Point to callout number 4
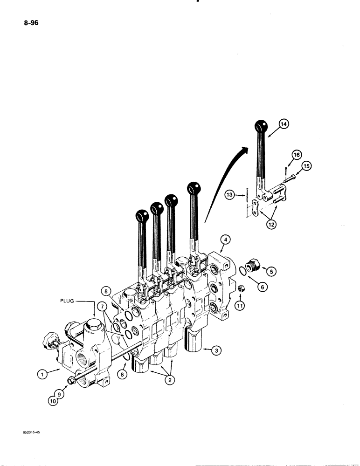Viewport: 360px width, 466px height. point(225,240)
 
